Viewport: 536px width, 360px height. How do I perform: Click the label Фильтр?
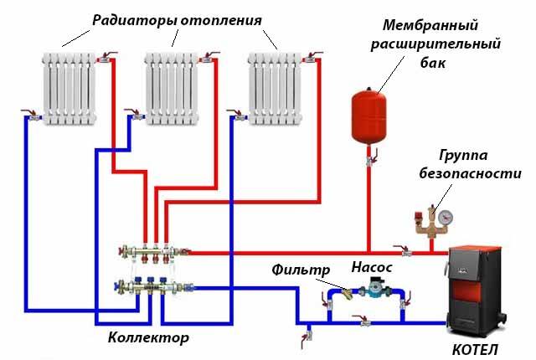296,270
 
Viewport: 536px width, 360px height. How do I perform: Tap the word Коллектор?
148,337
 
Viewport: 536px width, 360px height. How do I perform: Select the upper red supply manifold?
155,249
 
